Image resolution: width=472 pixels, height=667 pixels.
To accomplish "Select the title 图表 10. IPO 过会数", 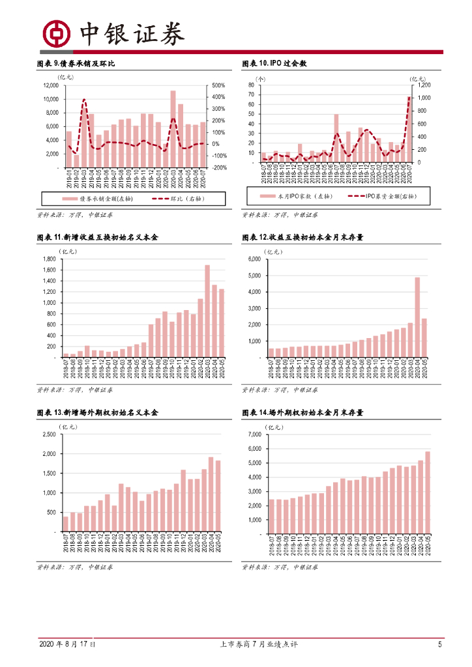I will point(274,64).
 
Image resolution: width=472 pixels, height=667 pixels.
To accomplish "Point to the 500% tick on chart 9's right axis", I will point(218,86).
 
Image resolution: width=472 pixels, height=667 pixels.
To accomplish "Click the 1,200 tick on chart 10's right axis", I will point(424,85).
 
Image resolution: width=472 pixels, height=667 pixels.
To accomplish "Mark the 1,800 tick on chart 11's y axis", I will point(49,259).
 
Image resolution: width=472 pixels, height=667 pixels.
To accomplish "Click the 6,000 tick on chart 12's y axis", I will point(254,259).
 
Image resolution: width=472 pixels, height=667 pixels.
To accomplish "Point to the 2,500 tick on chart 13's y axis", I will point(49,434).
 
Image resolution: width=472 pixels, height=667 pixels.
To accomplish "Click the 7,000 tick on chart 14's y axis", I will point(254,434).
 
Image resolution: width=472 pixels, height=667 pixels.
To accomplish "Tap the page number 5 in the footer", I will point(440,644).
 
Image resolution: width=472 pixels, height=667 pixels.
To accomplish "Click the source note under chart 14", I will point(280,567).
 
